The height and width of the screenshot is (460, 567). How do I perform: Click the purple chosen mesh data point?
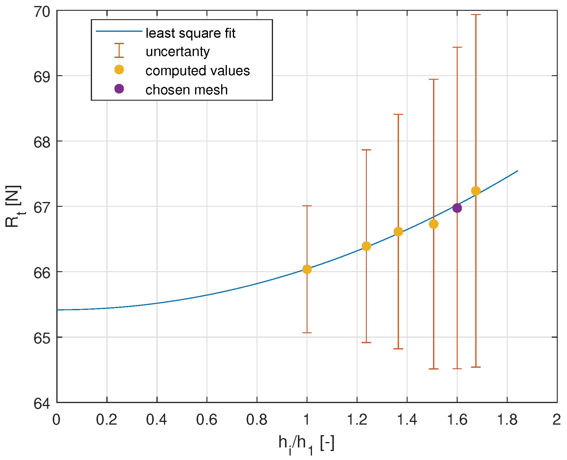(x=457, y=208)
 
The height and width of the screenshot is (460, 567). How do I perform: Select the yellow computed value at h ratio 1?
(x=307, y=269)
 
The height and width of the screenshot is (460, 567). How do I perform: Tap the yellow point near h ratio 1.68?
(x=476, y=191)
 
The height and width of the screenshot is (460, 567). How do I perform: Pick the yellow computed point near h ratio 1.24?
(x=366, y=246)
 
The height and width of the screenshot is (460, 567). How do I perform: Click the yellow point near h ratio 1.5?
(x=433, y=224)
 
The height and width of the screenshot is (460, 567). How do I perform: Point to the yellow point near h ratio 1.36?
(x=398, y=231)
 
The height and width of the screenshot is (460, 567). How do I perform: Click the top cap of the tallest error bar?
(x=476, y=14)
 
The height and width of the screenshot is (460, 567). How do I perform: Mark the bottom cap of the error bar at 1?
(x=307, y=333)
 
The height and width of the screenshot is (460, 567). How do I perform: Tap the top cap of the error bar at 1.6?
(x=457, y=47)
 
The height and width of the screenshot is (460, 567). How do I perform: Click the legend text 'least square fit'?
(x=190, y=33)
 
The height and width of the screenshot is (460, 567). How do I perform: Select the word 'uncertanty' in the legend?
(x=177, y=52)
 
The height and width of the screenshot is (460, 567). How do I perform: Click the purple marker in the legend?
(x=119, y=89)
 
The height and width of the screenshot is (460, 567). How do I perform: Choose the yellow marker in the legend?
(x=119, y=70)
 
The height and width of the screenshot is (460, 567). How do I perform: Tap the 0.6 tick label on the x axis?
(x=206, y=420)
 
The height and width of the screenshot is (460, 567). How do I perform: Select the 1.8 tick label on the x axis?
(x=507, y=420)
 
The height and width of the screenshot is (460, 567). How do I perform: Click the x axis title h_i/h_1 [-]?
(x=306, y=444)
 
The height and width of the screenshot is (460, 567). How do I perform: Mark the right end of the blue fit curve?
(x=518, y=171)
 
